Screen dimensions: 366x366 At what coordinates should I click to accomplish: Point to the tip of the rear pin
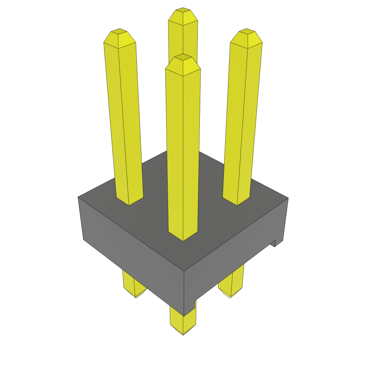click(183, 16)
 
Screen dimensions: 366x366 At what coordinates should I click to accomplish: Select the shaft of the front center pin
click(183, 150)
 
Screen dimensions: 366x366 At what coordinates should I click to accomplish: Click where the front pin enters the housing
click(183, 236)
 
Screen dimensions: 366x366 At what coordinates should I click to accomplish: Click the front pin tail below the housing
click(183, 323)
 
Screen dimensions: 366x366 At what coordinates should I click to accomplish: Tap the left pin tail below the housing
click(134, 286)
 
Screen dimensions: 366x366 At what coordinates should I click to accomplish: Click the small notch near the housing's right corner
click(274, 243)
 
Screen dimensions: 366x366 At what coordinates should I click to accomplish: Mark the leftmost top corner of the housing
click(78, 197)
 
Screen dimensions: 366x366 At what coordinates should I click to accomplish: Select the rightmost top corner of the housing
click(288, 198)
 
